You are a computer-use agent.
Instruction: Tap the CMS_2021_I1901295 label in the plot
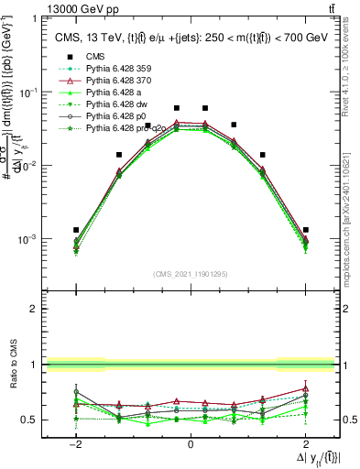pos(191,274)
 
